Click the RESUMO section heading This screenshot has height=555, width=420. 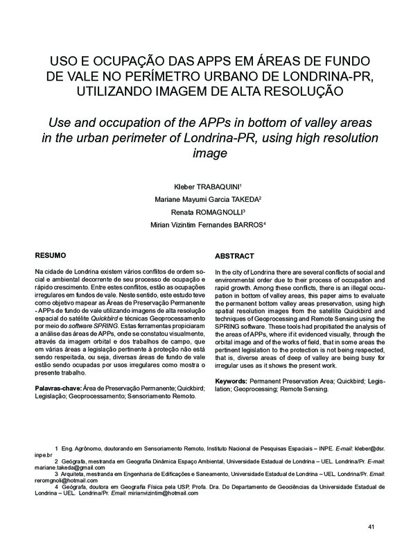click(x=51, y=255)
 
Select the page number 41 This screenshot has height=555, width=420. click(x=371, y=529)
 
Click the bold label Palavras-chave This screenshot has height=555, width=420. click(x=58, y=388)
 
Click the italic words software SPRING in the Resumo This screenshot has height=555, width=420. click(x=95, y=325)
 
